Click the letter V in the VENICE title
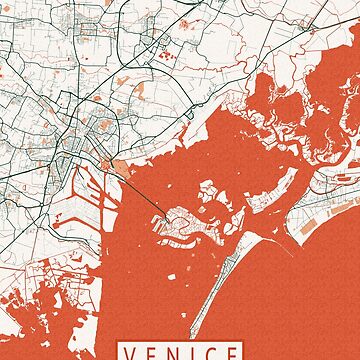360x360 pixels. click(x=133, y=353)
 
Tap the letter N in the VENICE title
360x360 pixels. click(x=173, y=353)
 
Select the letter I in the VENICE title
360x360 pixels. click(x=191, y=353)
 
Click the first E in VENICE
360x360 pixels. click(x=153, y=353)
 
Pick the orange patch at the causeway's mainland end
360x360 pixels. click(x=119, y=165)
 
